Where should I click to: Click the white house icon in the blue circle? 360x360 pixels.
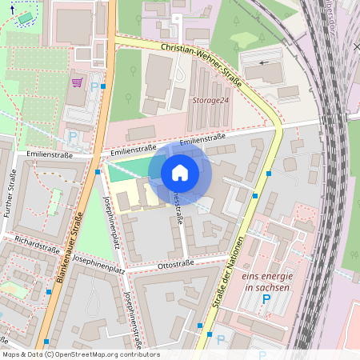(180, 172)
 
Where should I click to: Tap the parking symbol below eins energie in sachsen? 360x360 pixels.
(268, 299)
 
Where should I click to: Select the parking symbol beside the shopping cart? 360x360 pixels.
(94, 87)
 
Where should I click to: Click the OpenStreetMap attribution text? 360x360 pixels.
(80, 354)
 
